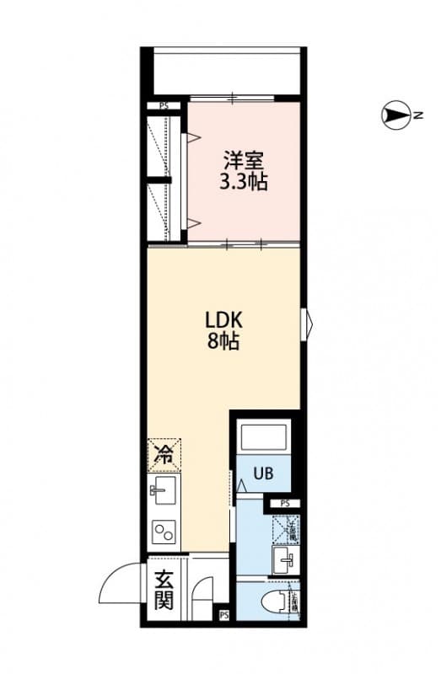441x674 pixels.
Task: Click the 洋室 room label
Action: point(245,159)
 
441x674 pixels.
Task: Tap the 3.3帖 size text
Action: point(244,181)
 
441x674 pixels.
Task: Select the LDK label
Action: point(223,320)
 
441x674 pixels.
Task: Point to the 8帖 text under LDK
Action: point(224,342)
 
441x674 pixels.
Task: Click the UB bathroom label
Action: point(263,473)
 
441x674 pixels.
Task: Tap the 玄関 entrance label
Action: point(164,590)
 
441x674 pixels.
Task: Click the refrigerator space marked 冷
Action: point(164,456)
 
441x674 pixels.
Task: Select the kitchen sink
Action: point(163,489)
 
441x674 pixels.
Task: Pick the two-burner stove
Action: point(163,531)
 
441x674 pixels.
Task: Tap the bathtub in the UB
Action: point(265,438)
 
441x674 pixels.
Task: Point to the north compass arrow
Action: point(395,115)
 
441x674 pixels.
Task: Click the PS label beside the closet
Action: point(163,106)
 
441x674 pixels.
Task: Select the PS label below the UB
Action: point(285,504)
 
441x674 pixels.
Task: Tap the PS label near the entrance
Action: point(223,616)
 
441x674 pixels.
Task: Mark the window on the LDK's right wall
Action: point(307,321)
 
